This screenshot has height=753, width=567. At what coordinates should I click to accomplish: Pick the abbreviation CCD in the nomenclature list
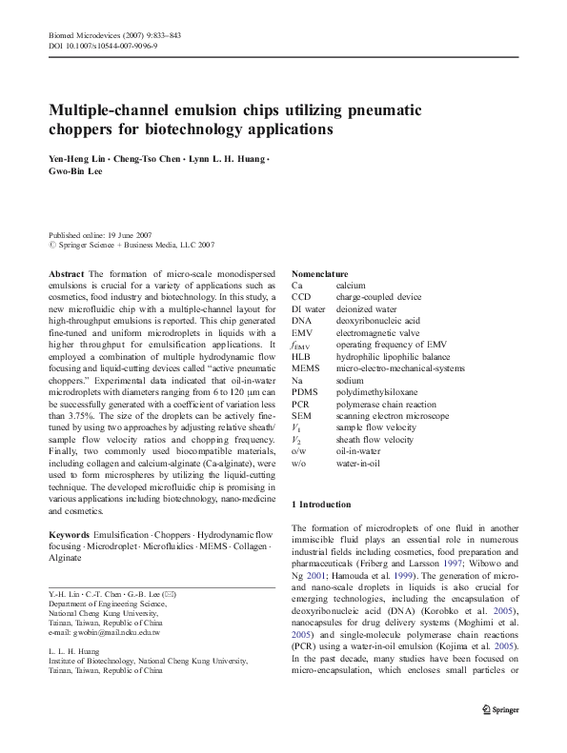point(301,296)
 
